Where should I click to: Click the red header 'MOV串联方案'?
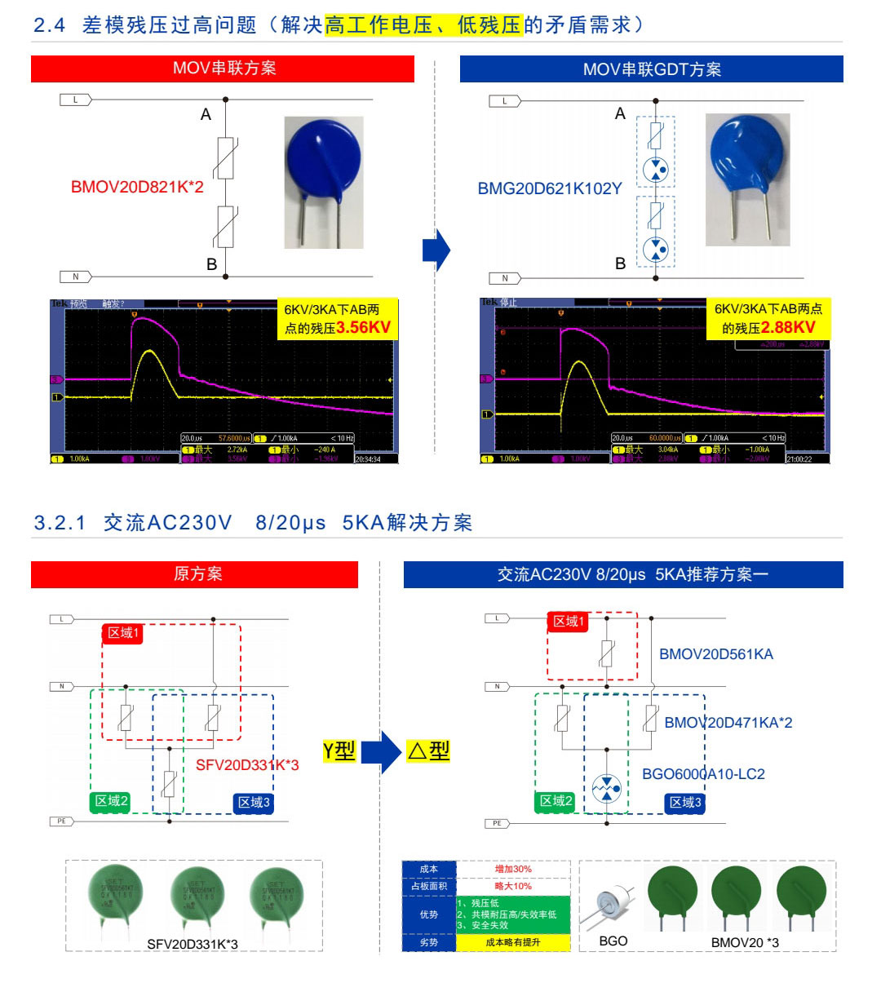(223, 69)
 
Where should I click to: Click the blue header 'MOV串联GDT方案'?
(651, 69)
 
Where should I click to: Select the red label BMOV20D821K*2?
(137, 187)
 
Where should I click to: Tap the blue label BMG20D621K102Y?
(549, 188)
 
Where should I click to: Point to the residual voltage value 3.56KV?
(363, 328)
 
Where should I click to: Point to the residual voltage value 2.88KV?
(787, 328)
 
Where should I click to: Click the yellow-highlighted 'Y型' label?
(339, 751)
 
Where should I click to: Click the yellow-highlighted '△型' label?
(429, 751)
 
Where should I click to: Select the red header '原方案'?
(194, 574)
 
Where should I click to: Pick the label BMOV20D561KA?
(715, 654)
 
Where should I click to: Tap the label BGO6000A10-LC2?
(703, 774)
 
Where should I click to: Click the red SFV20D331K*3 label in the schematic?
(247, 765)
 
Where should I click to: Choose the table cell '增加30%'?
(513, 870)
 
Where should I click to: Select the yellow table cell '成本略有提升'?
(513, 942)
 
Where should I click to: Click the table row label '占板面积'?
(429, 886)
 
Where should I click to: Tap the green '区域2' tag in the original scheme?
(111, 801)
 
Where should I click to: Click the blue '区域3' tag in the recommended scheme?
(685, 803)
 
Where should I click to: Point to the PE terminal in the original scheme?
(62, 821)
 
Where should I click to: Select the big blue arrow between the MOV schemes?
(436, 250)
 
